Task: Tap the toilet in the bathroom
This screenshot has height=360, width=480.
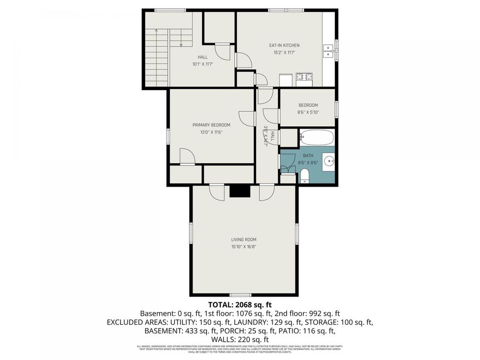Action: coord(305,175)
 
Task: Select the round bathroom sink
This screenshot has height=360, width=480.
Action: coord(330,160)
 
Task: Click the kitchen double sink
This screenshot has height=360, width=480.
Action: coord(329,51)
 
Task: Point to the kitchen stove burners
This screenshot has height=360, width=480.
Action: coord(305,77)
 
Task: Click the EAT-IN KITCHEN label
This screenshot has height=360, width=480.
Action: coord(284,46)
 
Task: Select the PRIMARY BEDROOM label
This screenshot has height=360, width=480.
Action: coord(211,125)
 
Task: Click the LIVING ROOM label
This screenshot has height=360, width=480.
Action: coord(244,240)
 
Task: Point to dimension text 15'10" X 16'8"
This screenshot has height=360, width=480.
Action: coord(244,247)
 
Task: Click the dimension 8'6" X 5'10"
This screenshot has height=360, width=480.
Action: coord(308,112)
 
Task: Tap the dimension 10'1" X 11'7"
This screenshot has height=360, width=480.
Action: coord(203,64)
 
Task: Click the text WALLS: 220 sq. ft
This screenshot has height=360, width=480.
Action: coord(240,339)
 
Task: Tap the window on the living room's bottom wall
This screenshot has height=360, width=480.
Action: coord(240,295)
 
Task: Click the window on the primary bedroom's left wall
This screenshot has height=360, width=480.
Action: coord(168,135)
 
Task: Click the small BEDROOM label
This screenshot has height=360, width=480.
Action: coord(308,105)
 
